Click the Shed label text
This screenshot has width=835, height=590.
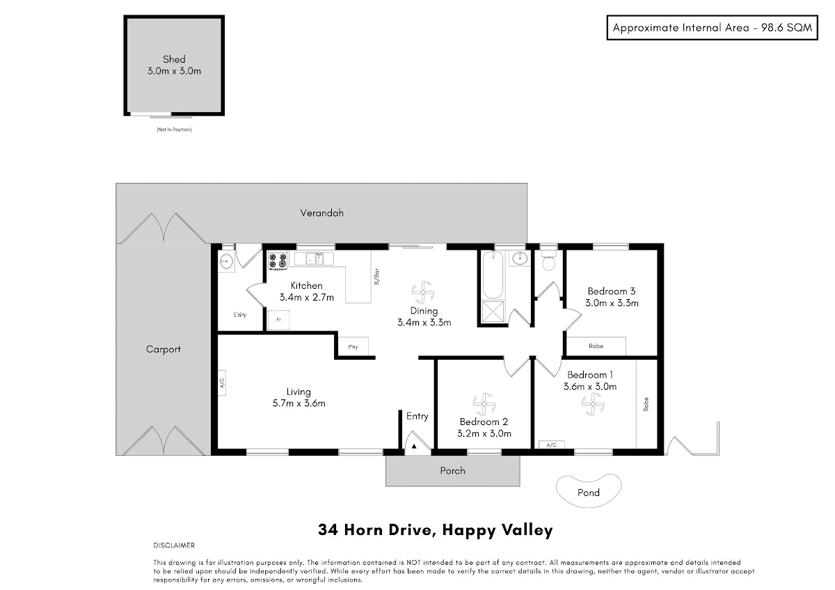(174, 59)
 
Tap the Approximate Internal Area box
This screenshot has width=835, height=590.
(713, 28)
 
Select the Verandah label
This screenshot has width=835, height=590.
(321, 213)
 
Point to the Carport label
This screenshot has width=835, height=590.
(164, 349)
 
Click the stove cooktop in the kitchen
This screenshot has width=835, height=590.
(278, 260)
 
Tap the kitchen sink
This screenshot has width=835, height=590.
(315, 258)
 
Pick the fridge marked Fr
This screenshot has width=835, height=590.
(278, 320)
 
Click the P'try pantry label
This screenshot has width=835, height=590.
(353, 347)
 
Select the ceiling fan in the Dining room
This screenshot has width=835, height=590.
(423, 292)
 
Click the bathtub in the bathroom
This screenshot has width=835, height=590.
(493, 275)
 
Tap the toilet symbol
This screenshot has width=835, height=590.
(548, 260)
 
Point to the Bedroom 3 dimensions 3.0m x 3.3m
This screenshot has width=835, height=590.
(612, 303)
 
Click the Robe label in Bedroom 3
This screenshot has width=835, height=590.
(596, 346)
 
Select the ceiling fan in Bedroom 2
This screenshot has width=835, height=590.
(484, 404)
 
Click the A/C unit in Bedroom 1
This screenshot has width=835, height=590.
(551, 445)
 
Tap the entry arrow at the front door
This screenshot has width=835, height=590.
(414, 448)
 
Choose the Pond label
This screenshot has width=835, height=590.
(588, 493)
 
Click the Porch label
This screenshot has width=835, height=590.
(452, 471)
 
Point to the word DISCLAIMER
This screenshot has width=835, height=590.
(174, 545)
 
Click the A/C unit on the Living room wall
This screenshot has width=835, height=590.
(222, 383)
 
